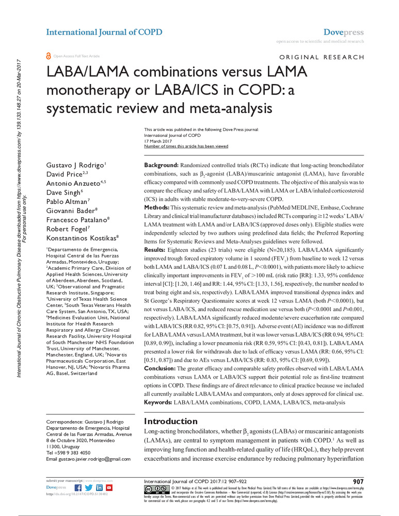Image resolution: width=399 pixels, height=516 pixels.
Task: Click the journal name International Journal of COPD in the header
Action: point(104,32)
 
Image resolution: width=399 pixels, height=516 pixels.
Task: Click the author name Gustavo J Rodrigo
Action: point(76,164)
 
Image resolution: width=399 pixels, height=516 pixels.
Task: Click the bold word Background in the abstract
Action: point(161,163)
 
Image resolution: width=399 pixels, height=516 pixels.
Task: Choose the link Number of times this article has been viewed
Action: point(186,146)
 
